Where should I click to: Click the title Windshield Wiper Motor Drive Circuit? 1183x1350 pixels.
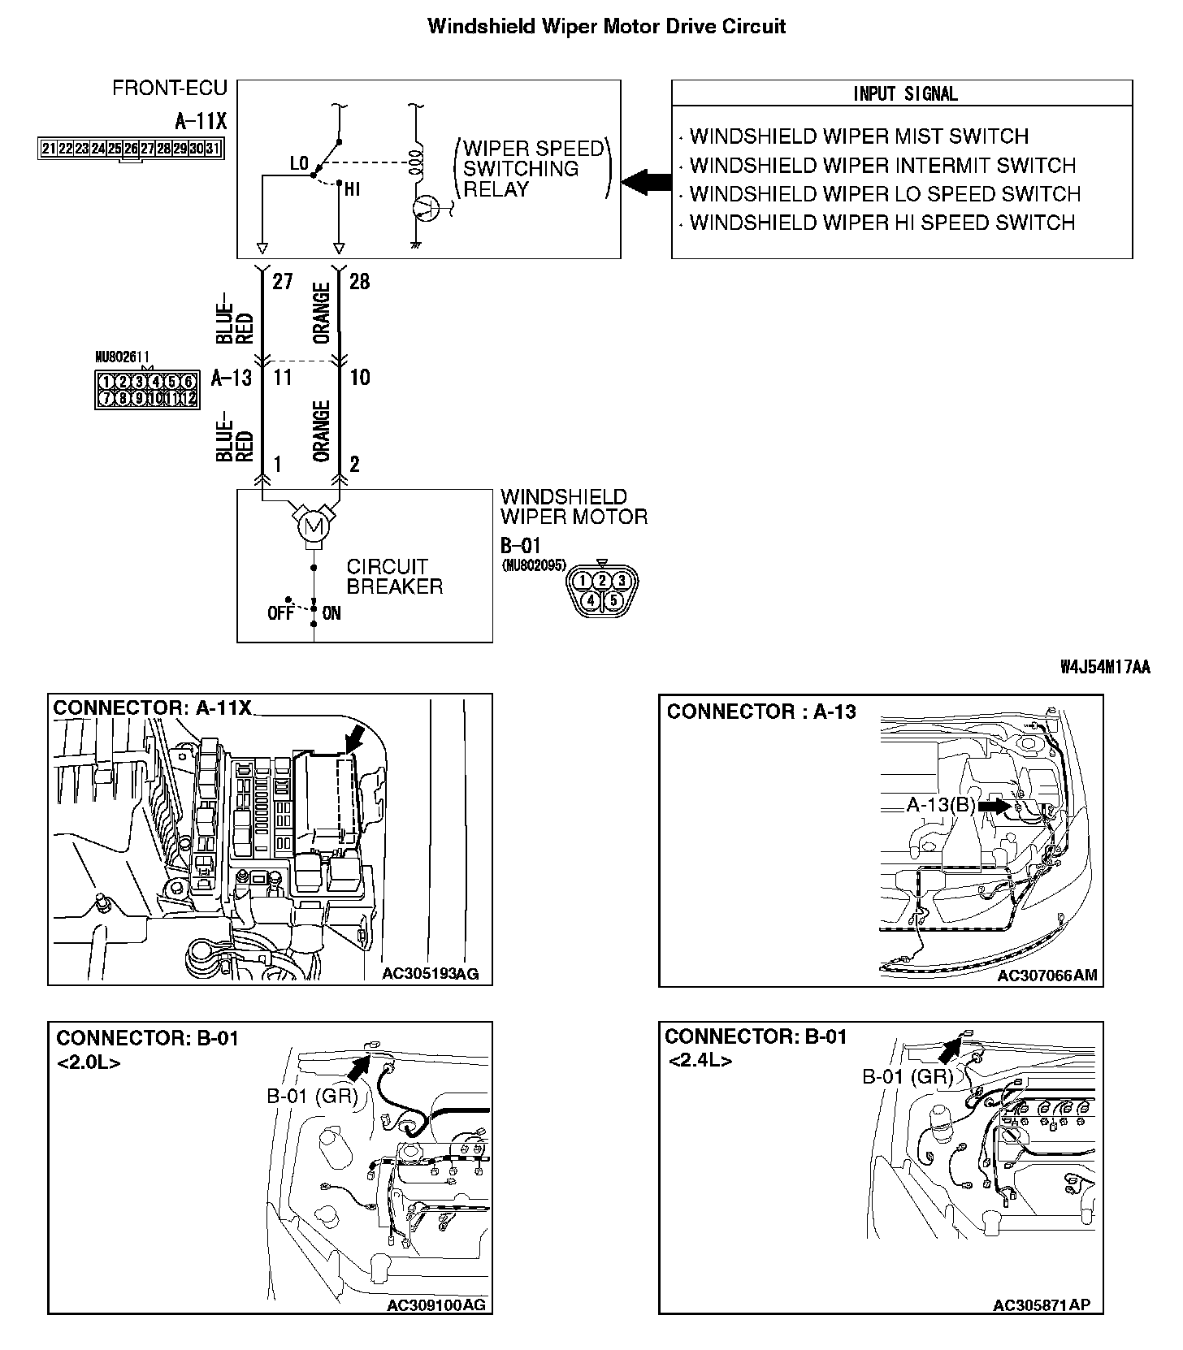(606, 26)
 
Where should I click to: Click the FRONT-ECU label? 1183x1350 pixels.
(170, 88)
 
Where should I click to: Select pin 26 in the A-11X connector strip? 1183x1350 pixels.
(131, 148)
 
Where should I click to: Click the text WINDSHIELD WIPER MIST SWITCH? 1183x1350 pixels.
(859, 136)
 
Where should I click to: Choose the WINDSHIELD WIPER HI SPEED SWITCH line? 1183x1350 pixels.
(882, 223)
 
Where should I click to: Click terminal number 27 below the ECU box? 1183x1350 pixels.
(282, 282)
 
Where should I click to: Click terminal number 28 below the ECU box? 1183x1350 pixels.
(359, 282)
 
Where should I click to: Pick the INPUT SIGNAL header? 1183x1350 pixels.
(905, 93)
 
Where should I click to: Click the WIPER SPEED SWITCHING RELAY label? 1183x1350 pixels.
(533, 169)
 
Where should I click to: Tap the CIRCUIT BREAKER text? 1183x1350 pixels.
(395, 576)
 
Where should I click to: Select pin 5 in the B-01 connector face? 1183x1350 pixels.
(614, 600)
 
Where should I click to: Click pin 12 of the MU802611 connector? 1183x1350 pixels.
(188, 398)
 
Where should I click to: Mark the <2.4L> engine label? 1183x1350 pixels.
(700, 1061)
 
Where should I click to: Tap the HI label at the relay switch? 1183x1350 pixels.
(353, 189)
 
